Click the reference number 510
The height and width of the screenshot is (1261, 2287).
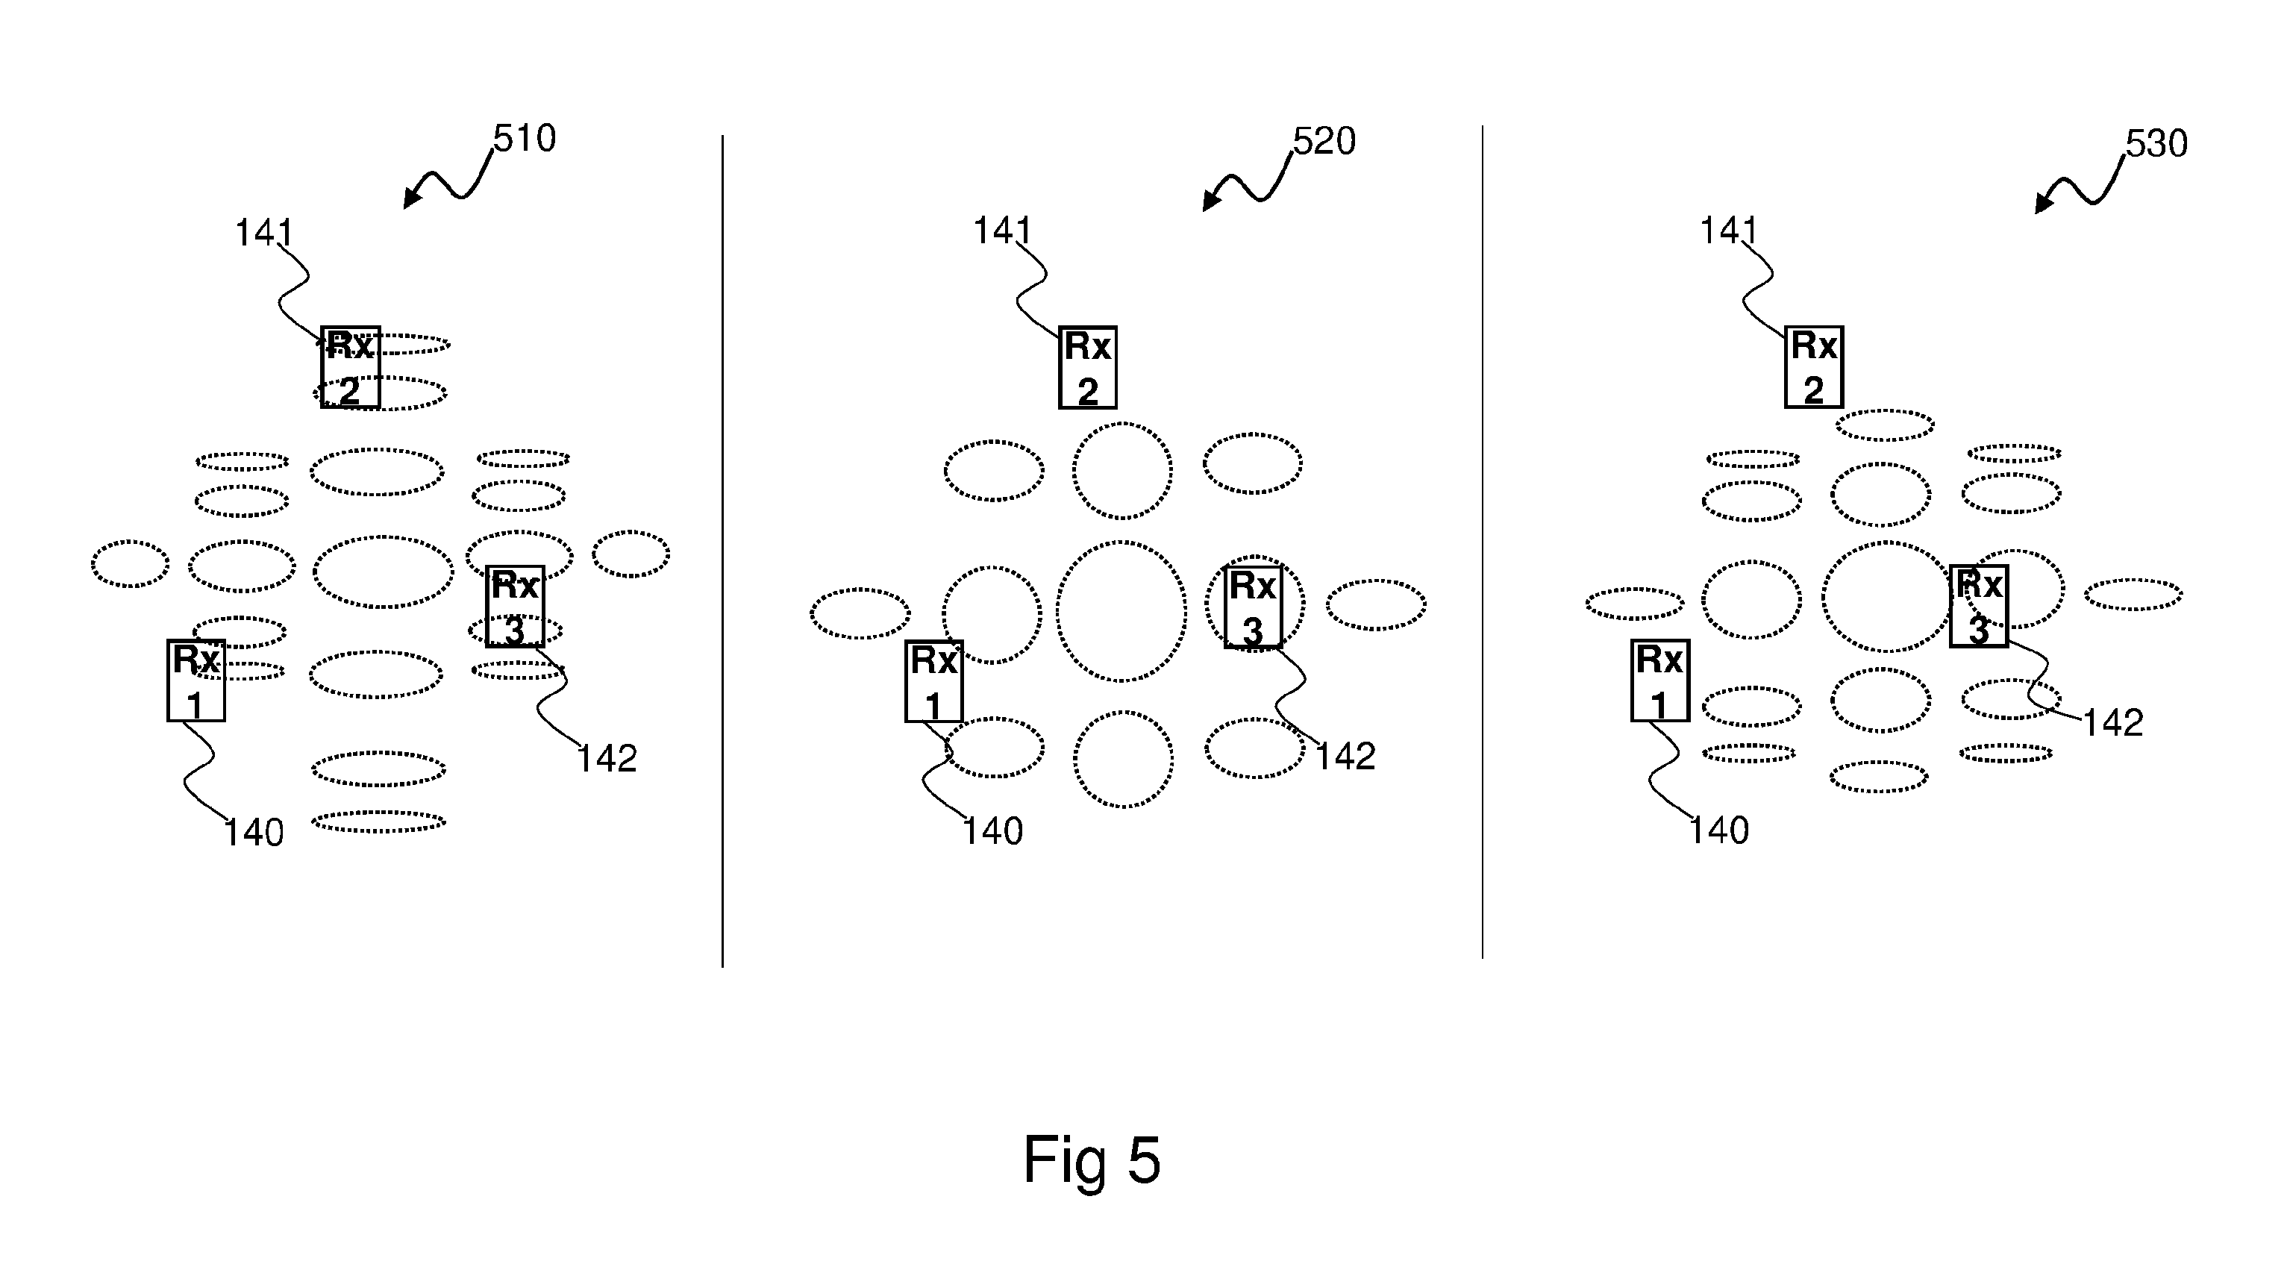click(x=525, y=139)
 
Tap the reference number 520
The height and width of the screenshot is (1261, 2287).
click(x=1324, y=141)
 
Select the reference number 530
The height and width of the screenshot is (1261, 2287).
click(x=2156, y=144)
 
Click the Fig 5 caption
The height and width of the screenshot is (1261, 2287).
click(x=1091, y=1160)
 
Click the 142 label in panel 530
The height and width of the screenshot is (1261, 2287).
click(x=2113, y=723)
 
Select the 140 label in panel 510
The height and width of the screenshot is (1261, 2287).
click(x=254, y=833)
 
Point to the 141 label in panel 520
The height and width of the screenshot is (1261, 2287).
click(x=1002, y=231)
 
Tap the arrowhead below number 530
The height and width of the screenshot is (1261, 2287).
click(x=2043, y=204)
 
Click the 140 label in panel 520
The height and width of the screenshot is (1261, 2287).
click(x=993, y=832)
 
